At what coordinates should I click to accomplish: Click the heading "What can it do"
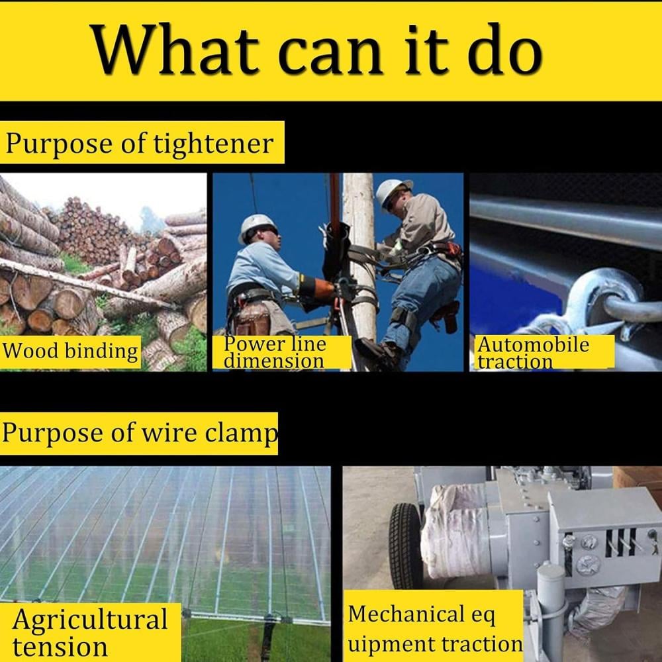(x=316, y=50)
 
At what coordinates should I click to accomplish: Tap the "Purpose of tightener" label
(x=139, y=144)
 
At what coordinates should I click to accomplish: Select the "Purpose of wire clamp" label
(x=140, y=433)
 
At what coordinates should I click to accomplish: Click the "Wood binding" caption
(x=70, y=352)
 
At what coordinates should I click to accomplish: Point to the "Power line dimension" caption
(x=275, y=352)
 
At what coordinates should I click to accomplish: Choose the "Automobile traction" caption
(x=533, y=353)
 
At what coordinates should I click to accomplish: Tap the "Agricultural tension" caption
(x=90, y=632)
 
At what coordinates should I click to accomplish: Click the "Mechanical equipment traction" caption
(x=435, y=629)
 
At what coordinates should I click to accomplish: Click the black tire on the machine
(x=405, y=545)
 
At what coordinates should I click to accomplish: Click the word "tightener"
(x=213, y=144)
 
